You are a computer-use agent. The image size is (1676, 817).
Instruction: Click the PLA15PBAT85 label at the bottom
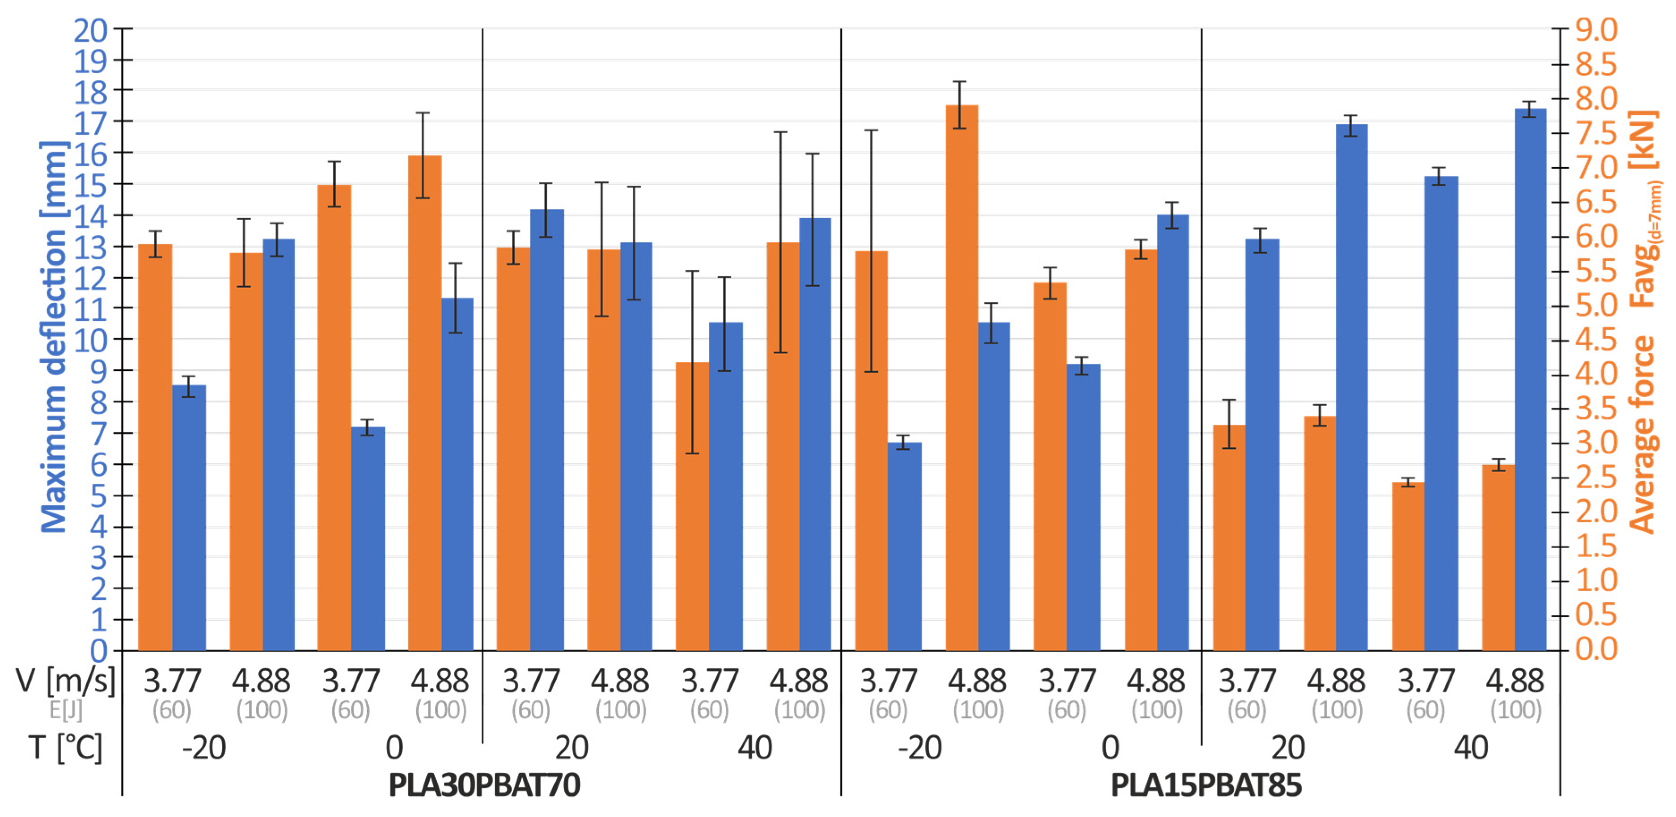click(1206, 785)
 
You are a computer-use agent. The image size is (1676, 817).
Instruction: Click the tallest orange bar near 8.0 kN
click(961, 377)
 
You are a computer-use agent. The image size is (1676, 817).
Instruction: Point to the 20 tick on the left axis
click(90, 30)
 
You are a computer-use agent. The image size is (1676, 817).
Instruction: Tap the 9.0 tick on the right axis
click(1596, 30)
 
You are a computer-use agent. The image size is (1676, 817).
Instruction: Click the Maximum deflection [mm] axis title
click(53, 337)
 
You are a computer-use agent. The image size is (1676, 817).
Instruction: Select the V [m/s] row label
click(65, 681)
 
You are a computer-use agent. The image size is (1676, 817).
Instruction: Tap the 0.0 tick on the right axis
click(1596, 649)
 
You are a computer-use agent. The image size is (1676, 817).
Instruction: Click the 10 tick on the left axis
click(90, 339)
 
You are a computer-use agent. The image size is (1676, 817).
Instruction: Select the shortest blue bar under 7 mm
click(904, 546)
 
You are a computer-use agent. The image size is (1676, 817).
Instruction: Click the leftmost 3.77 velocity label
click(173, 681)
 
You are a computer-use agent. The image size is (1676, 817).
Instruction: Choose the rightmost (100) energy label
click(1516, 710)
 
